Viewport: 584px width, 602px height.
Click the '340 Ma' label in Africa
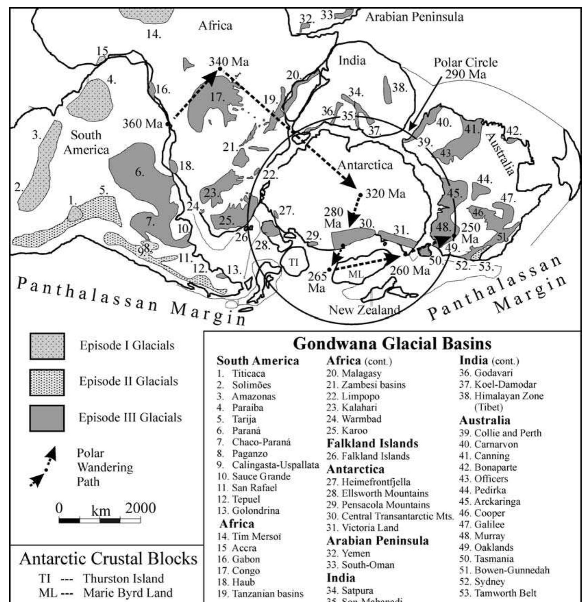[x=229, y=62]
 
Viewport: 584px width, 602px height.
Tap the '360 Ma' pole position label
[x=142, y=123]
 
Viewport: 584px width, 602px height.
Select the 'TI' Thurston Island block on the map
[x=294, y=263]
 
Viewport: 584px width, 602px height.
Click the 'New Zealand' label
[x=364, y=310]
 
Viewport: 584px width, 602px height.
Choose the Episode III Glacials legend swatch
[x=47, y=418]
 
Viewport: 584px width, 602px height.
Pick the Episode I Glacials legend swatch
[x=47, y=346]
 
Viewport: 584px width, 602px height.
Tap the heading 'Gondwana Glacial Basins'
[x=392, y=343]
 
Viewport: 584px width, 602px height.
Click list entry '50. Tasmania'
[x=486, y=559]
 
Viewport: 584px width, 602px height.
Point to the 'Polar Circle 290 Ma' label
[x=466, y=68]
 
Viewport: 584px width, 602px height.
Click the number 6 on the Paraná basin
[x=139, y=172]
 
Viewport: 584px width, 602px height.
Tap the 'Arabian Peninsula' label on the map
[x=414, y=16]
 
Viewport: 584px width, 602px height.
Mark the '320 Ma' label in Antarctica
[x=385, y=194]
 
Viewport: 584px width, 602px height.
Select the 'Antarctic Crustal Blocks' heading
[x=108, y=559]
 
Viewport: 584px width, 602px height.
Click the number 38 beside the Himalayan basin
[x=399, y=88]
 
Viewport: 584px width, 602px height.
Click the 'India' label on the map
[x=352, y=61]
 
